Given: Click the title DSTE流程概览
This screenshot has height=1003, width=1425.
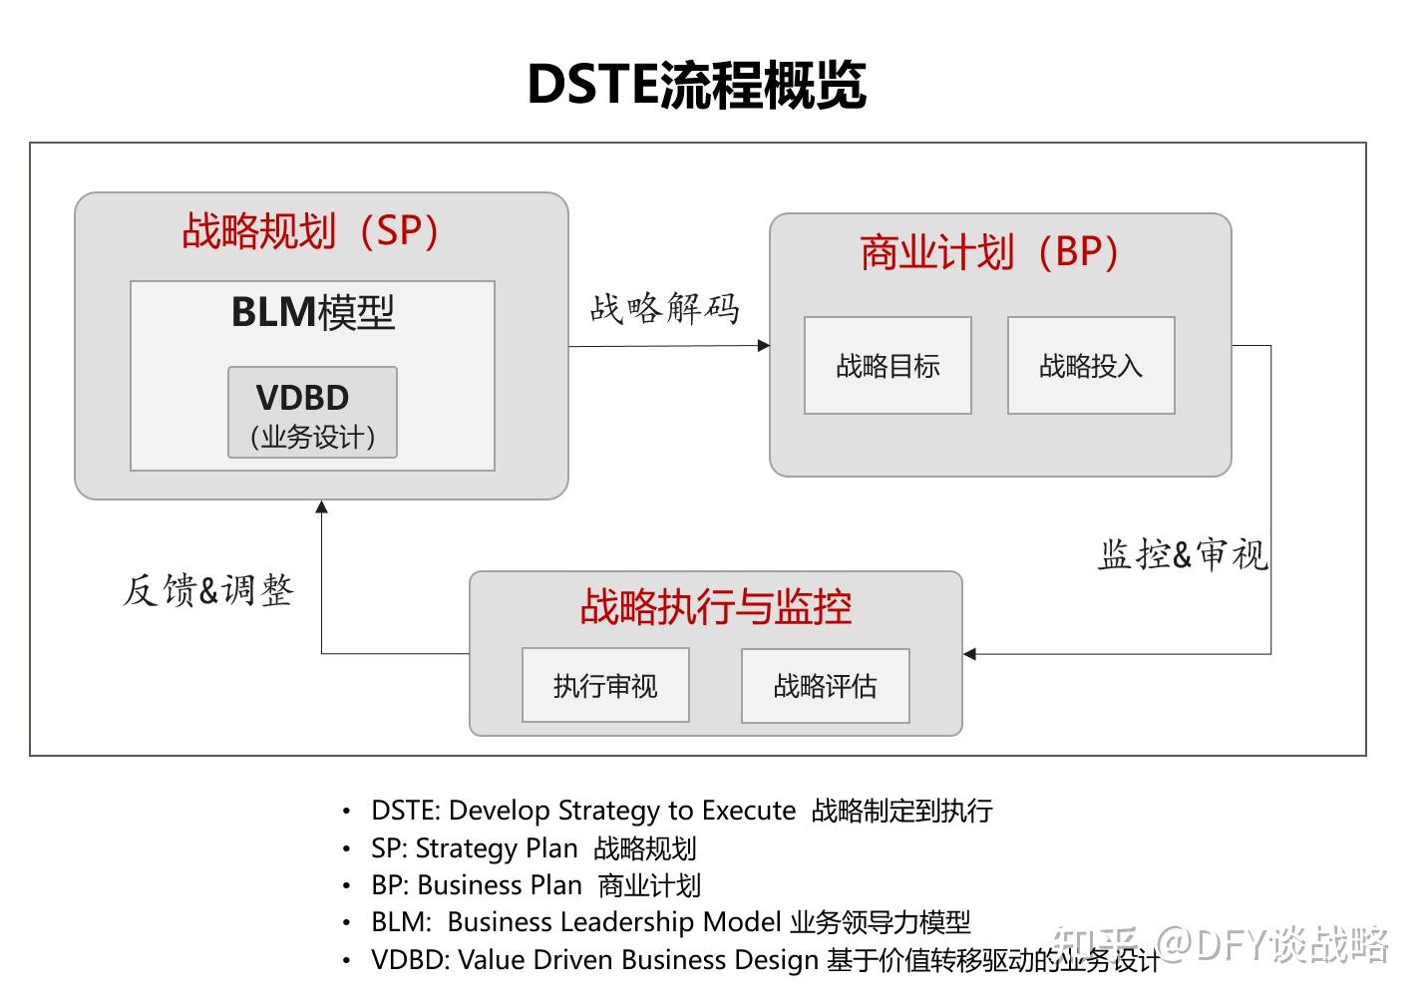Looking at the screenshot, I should tap(696, 84).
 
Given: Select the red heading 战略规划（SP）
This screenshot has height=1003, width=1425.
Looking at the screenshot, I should tap(311, 231).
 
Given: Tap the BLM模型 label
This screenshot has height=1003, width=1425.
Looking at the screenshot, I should tap(313, 312).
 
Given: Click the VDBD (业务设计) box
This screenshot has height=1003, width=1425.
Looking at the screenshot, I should tap(312, 413).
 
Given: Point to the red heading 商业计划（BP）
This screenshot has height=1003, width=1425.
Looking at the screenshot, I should tap(989, 252).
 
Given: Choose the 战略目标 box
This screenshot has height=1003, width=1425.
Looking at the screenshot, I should tap(888, 366).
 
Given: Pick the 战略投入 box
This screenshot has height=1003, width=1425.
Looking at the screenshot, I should tap(1091, 366).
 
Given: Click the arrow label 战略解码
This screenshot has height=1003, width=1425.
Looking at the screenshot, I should tap(664, 308).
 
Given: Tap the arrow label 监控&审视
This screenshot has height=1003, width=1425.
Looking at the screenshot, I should tap(1183, 554).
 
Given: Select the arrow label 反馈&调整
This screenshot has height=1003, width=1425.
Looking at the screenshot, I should tap(208, 590).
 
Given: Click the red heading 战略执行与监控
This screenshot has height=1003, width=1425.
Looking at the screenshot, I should tap(715, 606).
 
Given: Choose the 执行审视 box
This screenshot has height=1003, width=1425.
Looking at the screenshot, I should tap(605, 686).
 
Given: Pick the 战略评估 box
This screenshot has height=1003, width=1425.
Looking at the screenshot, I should tap(825, 686).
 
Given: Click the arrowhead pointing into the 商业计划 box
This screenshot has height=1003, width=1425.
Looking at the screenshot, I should tap(764, 346).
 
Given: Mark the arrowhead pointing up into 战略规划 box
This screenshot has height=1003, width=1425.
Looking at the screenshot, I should tap(321, 506).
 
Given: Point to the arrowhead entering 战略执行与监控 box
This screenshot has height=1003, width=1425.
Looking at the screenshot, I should tap(969, 654).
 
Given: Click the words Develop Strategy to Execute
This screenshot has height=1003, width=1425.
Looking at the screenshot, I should tap(622, 811).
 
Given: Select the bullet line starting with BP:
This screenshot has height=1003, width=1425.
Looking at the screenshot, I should tap(535, 885).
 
